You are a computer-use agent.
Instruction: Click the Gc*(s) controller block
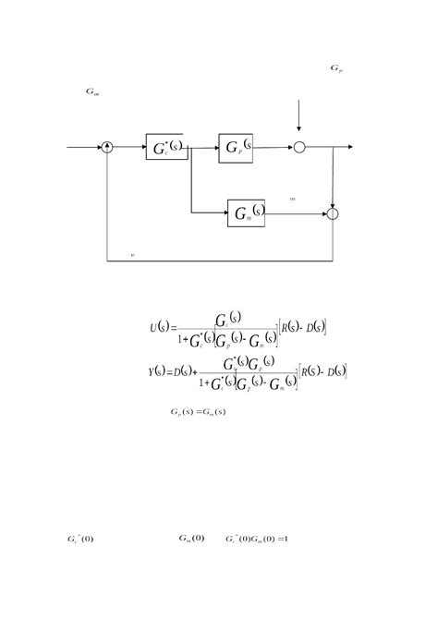coord(166,147)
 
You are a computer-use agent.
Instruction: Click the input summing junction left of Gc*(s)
coord(107,147)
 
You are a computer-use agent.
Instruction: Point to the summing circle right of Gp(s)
coord(299,147)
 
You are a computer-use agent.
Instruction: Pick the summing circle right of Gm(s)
coord(334,214)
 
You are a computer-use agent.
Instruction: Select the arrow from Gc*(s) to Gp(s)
coord(203,147)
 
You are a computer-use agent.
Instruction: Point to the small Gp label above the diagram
coord(336,68)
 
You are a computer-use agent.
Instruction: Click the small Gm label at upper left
coord(91,91)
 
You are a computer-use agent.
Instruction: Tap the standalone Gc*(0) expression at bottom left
coord(79,538)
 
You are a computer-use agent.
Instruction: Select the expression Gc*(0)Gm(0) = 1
coord(258,538)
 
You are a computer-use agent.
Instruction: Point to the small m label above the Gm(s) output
coord(292,199)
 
